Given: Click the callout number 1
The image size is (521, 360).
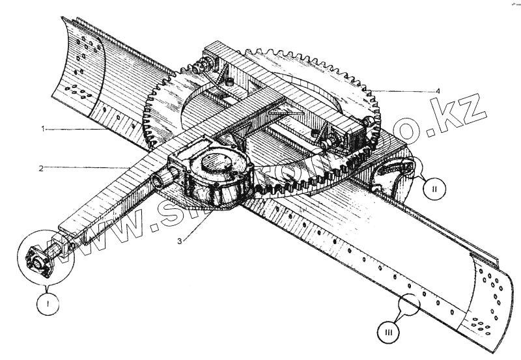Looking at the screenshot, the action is [x=43, y=130].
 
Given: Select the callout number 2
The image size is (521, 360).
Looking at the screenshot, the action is [x=40, y=169].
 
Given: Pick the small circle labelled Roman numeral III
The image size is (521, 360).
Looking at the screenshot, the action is [x=388, y=333].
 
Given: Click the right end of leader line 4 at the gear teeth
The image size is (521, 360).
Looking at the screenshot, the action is [x=369, y=90].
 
